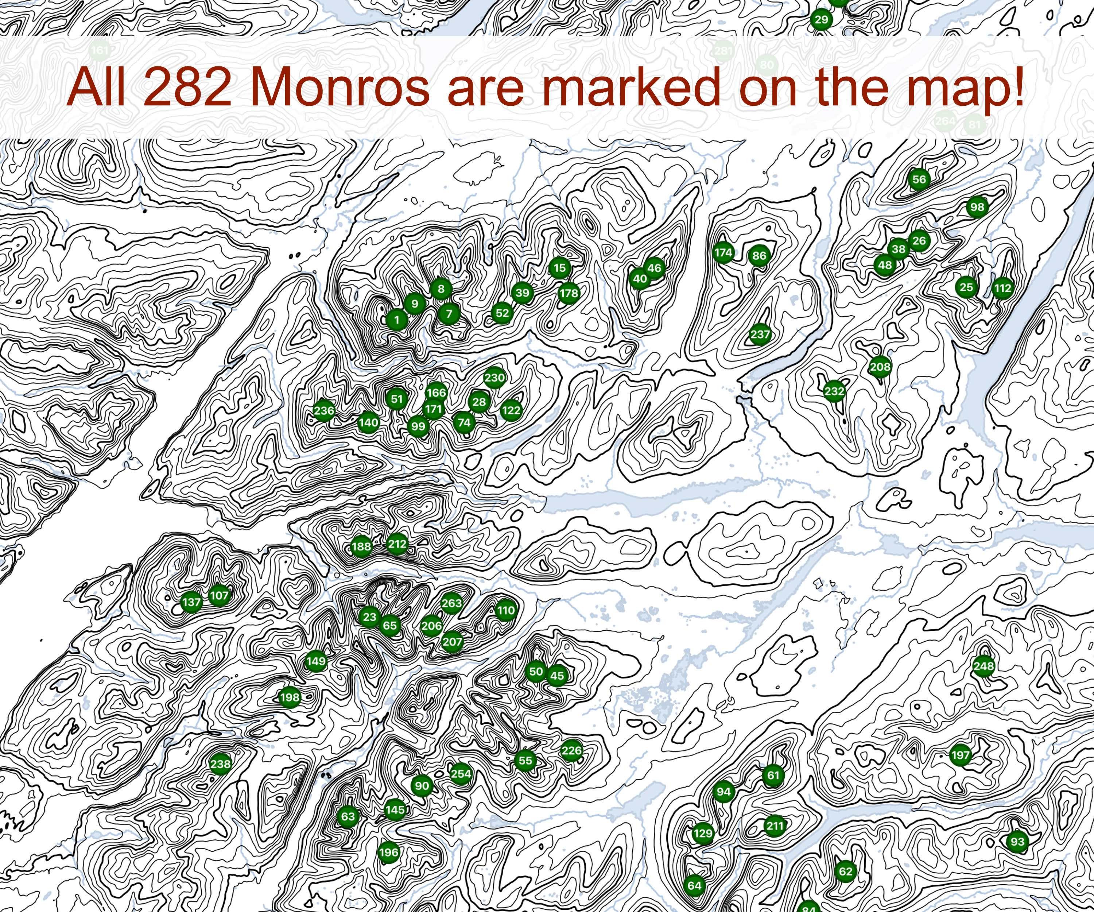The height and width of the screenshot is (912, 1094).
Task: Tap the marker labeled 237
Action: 760,334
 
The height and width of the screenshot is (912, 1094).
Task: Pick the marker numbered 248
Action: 984,665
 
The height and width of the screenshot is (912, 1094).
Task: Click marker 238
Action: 220,764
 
